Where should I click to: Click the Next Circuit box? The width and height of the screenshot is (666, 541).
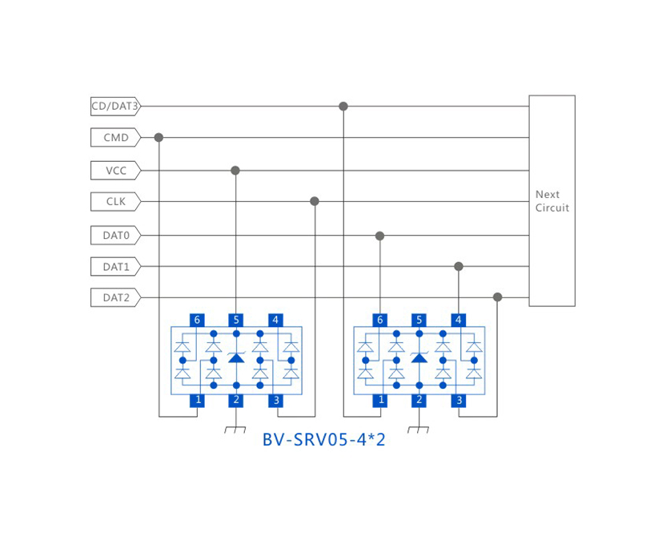click(x=552, y=201)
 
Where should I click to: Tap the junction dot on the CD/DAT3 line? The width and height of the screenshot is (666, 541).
click(x=343, y=107)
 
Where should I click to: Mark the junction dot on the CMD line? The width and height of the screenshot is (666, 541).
click(x=158, y=138)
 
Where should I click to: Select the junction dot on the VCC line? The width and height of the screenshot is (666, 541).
click(x=235, y=171)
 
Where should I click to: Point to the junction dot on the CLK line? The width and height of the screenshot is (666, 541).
click(x=315, y=201)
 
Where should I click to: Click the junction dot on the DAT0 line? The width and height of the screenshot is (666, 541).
click(x=379, y=236)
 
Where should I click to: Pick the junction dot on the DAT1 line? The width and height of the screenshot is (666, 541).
click(x=459, y=266)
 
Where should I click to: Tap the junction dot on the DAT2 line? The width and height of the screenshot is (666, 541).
click(x=497, y=297)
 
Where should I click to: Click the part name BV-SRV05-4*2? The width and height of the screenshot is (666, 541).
click(x=323, y=440)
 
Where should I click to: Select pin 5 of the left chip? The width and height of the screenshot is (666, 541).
click(x=235, y=320)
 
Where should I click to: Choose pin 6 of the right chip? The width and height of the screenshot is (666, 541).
click(x=379, y=320)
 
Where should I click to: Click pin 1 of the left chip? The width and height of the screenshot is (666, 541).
click(x=197, y=399)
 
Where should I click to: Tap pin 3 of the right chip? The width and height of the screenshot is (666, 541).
click(x=459, y=399)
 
